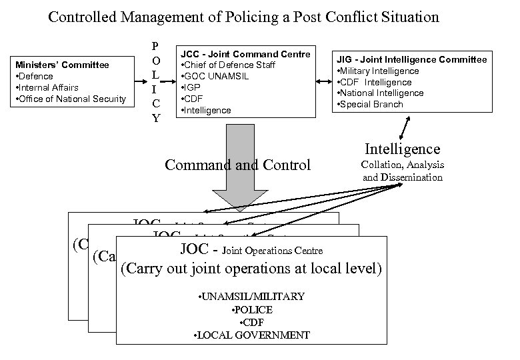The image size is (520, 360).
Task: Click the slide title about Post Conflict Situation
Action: click(x=243, y=16)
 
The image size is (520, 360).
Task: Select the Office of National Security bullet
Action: click(x=71, y=99)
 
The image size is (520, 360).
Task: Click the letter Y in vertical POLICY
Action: click(x=155, y=118)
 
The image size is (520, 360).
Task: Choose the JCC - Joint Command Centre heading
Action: click(x=245, y=55)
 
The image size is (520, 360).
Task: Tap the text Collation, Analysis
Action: click(x=402, y=165)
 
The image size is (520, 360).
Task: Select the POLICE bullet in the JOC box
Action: click(x=249, y=310)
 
